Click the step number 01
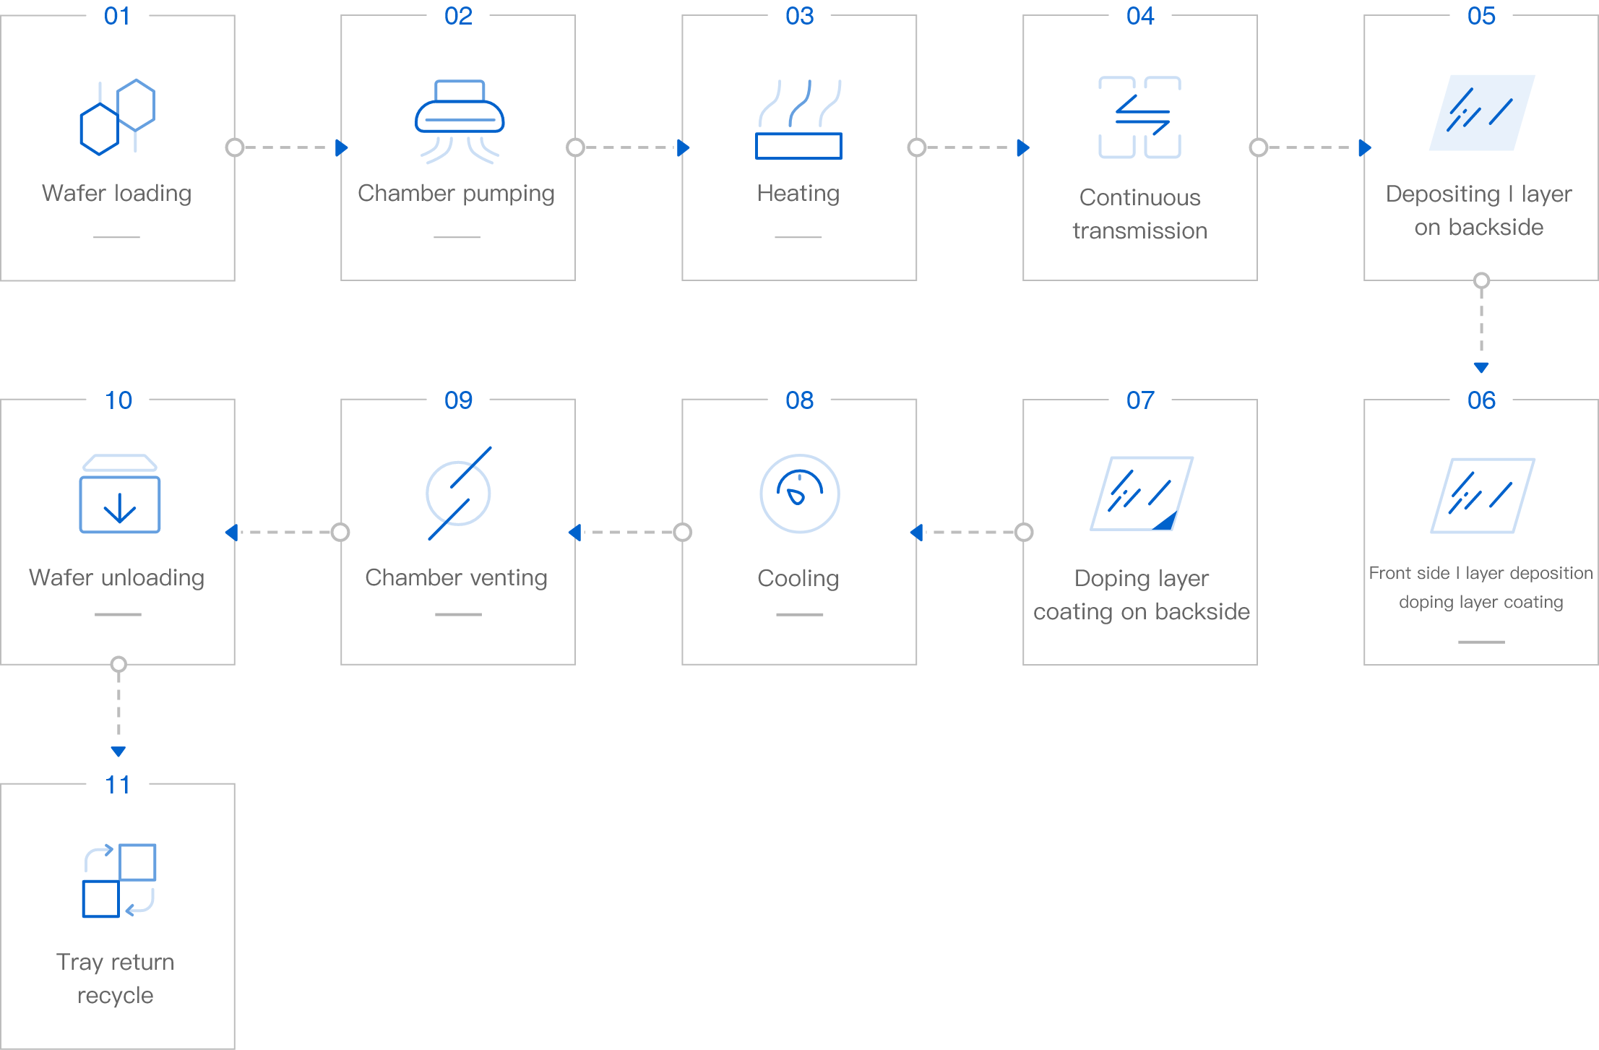tap(117, 16)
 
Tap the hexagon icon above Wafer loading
tap(118, 117)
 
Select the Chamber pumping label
tap(456, 194)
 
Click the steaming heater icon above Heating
tap(798, 120)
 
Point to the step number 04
tap(1140, 16)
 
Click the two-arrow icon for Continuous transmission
tap(1140, 117)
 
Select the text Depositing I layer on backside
tap(1479, 210)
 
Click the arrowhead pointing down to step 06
tap(1481, 368)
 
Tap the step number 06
tap(1481, 400)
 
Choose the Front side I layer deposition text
tap(1481, 573)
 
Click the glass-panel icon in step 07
tap(1142, 494)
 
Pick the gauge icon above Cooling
tap(799, 494)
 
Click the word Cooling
tap(798, 578)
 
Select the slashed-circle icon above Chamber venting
tap(458, 494)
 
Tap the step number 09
tap(458, 400)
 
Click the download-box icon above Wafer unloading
tap(119, 494)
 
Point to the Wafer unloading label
tap(117, 577)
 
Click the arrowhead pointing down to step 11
tap(118, 752)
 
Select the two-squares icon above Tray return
tap(119, 880)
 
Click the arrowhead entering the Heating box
tap(684, 147)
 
